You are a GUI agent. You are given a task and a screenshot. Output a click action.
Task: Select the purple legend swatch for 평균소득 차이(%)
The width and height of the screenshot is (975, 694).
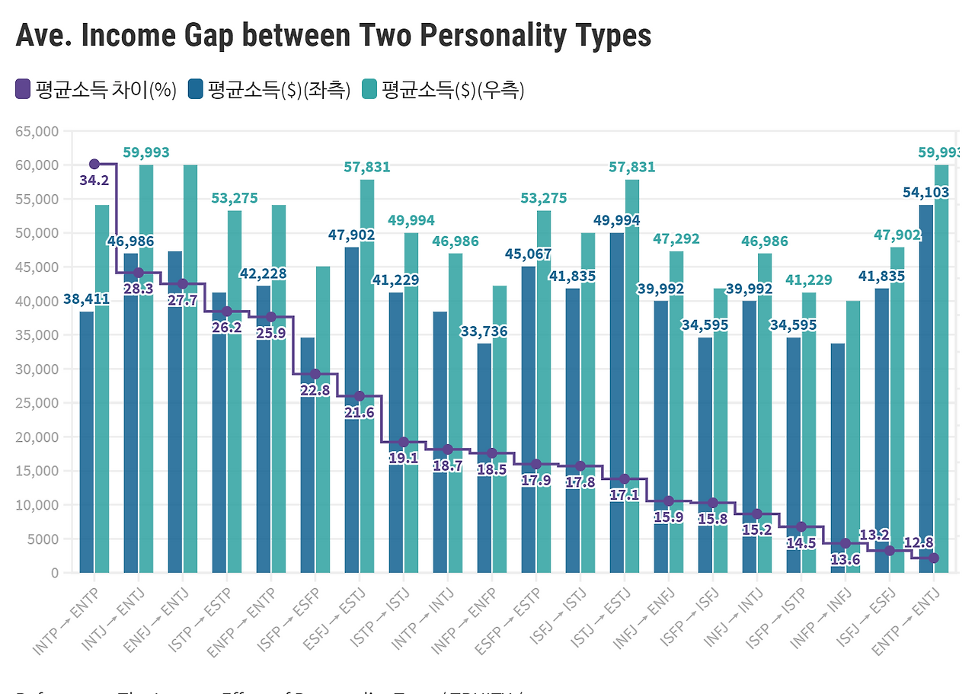click(x=23, y=90)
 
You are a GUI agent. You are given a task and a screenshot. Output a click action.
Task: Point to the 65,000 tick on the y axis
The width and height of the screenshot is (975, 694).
click(x=37, y=131)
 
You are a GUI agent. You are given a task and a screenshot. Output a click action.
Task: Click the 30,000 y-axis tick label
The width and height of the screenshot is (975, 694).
click(x=37, y=369)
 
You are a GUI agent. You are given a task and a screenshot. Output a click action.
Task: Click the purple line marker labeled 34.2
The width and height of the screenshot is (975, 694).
click(x=94, y=164)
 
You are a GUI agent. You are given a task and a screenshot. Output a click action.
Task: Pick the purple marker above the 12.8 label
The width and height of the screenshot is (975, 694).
click(x=934, y=558)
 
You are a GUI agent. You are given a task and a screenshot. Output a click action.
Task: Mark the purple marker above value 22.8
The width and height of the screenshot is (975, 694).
click(x=315, y=374)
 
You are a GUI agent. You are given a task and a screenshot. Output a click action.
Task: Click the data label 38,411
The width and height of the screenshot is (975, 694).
click(x=86, y=299)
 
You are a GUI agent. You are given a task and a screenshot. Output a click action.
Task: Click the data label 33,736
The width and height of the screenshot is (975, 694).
click(x=484, y=331)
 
